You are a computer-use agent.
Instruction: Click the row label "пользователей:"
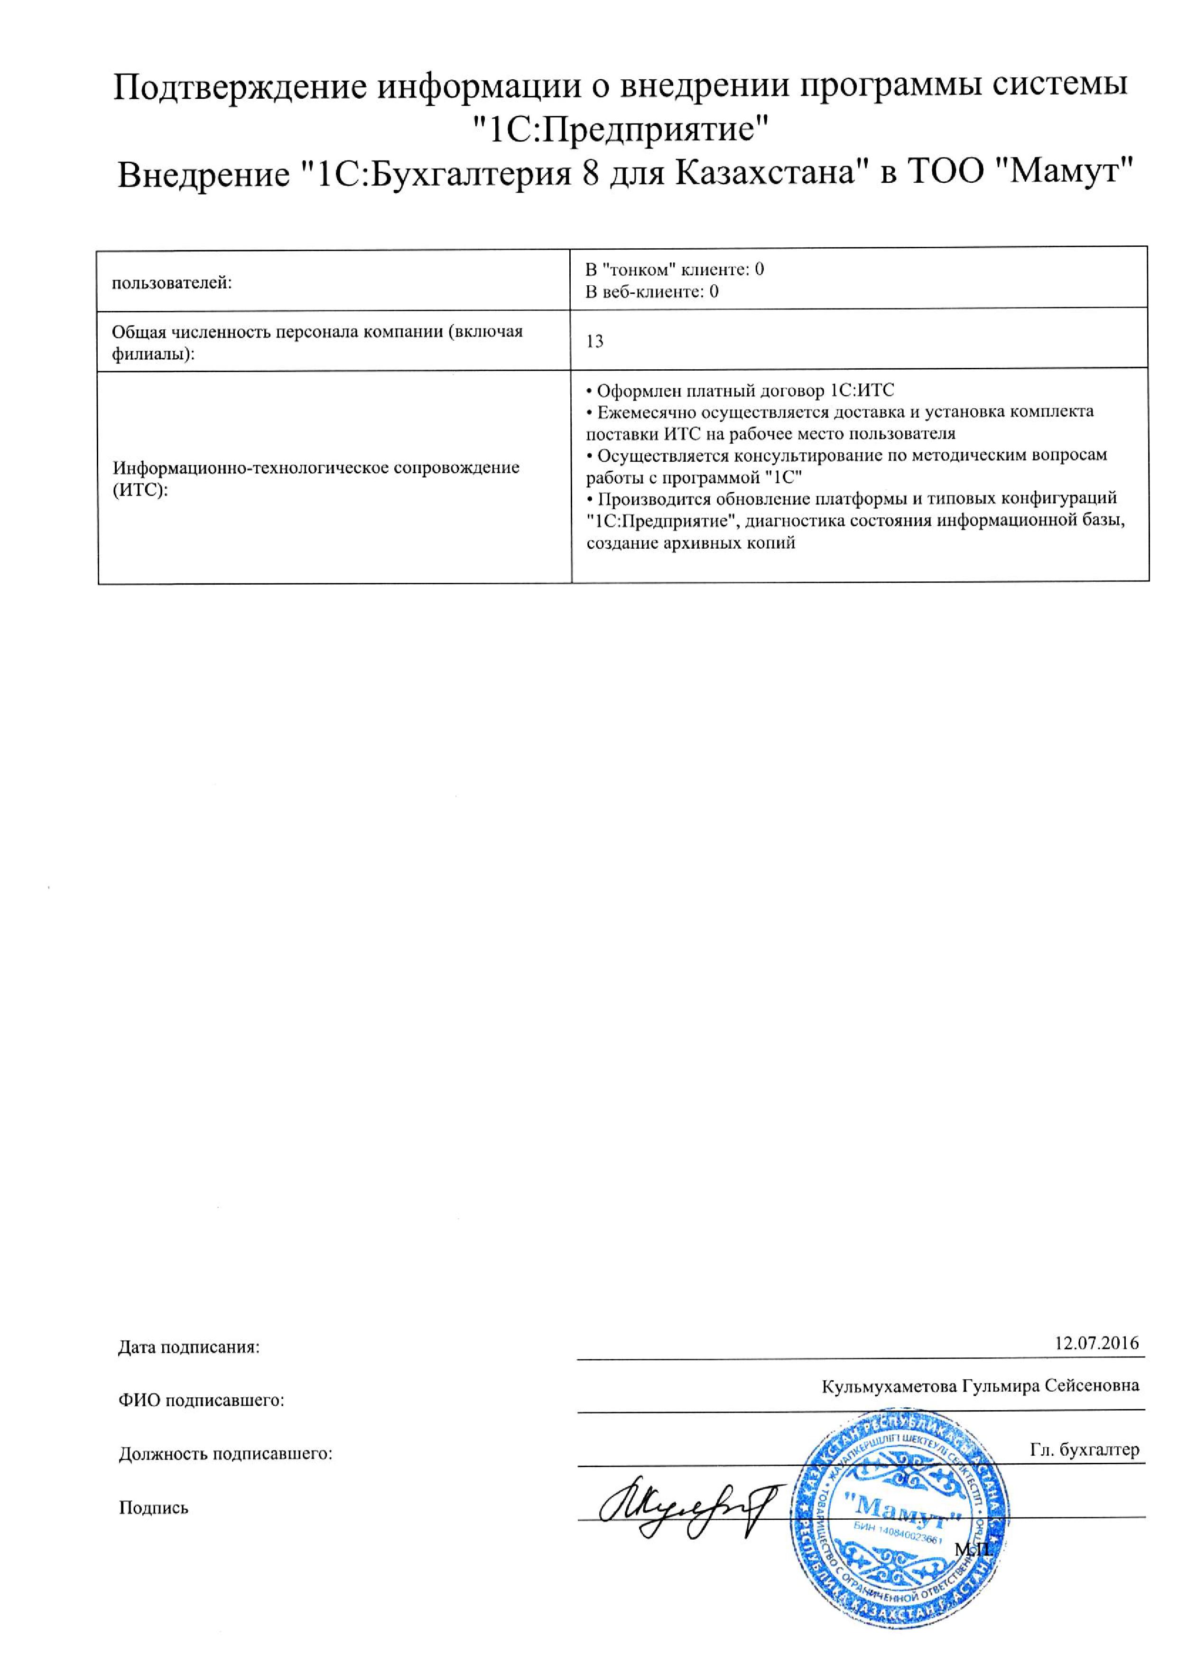pyautogui.click(x=172, y=283)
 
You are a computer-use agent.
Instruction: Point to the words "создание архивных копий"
pyautogui.click(x=691, y=543)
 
